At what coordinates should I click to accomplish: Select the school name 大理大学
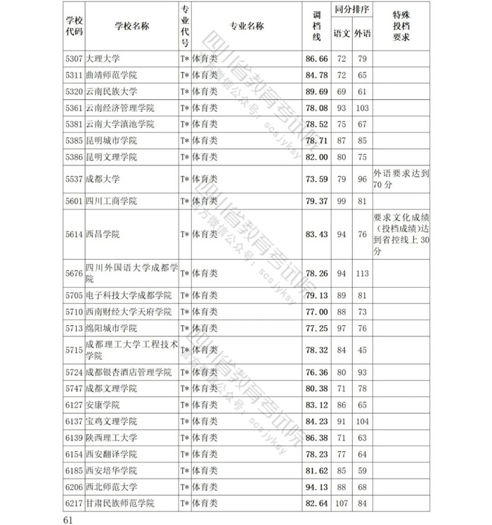pyautogui.click(x=103, y=58)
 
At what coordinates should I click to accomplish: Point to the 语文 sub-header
pyautogui.click(x=342, y=33)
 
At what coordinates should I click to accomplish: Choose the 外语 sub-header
pyautogui.click(x=363, y=33)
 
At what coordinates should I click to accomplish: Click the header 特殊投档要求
pyautogui.click(x=401, y=27)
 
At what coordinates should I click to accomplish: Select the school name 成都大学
pyautogui.click(x=103, y=179)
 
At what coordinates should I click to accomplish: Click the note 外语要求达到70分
pyautogui.click(x=401, y=179)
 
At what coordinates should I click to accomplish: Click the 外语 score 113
pyautogui.click(x=363, y=273)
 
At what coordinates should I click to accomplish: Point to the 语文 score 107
pyautogui.click(x=342, y=503)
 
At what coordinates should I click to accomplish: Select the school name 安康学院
pyautogui.click(x=103, y=405)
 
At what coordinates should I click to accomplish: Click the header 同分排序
pyautogui.click(x=352, y=12)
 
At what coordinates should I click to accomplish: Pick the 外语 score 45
pyautogui.click(x=363, y=350)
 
